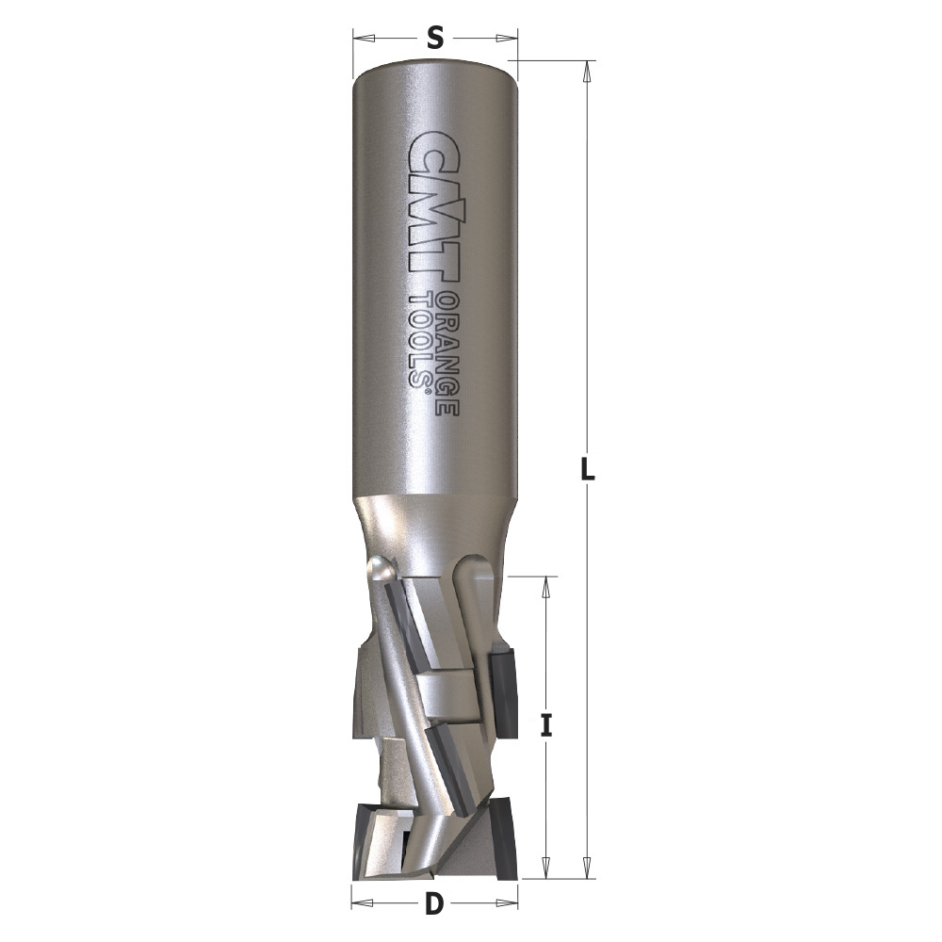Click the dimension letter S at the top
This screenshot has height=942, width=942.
tap(434, 39)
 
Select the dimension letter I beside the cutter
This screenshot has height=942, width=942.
tap(546, 725)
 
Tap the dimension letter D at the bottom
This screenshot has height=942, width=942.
tap(433, 903)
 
